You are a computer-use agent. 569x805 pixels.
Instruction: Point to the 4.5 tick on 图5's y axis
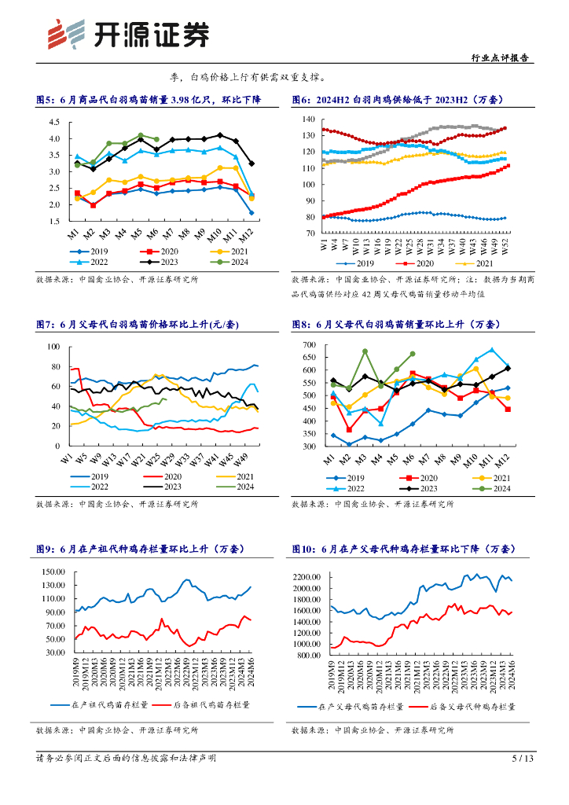pos(54,123)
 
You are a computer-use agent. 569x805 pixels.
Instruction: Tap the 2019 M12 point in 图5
pos(251,212)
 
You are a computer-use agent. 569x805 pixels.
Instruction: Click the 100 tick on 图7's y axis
pos(53,347)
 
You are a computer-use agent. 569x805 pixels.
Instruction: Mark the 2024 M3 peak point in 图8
pos(365,351)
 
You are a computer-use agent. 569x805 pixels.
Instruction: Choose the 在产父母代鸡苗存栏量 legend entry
pos(362,707)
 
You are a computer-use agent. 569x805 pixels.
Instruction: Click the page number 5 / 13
pos(523,759)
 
